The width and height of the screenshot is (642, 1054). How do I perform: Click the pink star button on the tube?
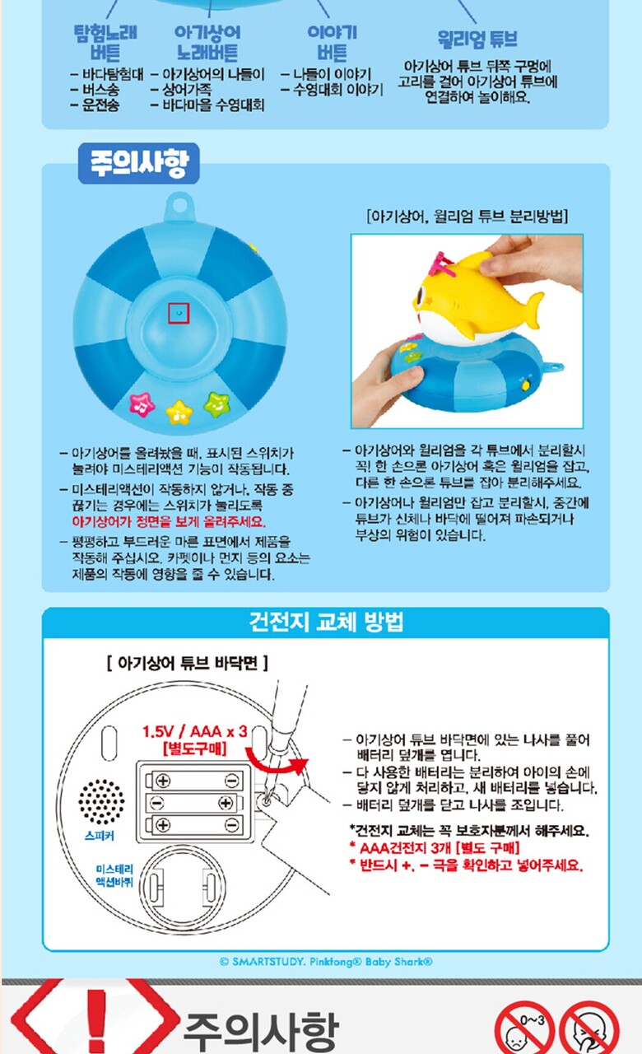click(142, 404)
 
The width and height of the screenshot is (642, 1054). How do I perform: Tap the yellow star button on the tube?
click(179, 413)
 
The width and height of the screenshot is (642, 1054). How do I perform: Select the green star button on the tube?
click(216, 404)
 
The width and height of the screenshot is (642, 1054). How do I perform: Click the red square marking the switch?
click(179, 313)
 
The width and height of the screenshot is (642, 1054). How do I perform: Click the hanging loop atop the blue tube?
click(179, 207)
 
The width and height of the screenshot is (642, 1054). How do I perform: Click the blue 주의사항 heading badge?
click(139, 163)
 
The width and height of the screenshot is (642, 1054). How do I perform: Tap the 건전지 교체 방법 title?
click(326, 622)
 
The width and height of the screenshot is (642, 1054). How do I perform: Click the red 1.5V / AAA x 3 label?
click(195, 732)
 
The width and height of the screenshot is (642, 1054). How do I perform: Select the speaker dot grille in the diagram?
click(101, 802)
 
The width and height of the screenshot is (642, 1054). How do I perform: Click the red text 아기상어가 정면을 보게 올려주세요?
click(169, 522)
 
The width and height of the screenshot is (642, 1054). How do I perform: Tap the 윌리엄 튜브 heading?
click(477, 39)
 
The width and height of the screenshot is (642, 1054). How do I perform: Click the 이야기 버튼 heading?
click(332, 43)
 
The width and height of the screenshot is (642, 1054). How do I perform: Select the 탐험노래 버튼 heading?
click(105, 43)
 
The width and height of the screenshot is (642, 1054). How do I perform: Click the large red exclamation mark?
click(96, 1020)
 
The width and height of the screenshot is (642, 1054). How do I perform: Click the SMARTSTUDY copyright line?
click(326, 962)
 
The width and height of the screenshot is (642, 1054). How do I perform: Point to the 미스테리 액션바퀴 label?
click(114, 875)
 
